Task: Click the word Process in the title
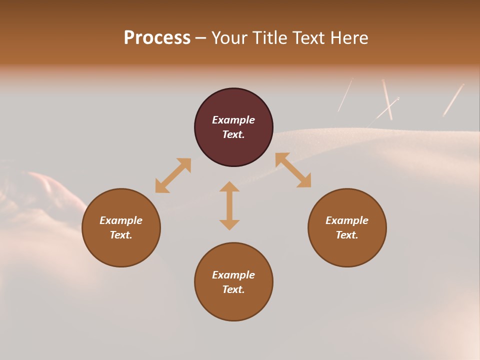(157, 38)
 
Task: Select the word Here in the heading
(348, 38)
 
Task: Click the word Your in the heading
(229, 38)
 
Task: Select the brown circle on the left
(121, 250)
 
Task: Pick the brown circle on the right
(347, 250)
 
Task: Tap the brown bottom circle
(233, 305)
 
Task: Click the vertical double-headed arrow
(229, 205)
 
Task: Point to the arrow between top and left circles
(173, 175)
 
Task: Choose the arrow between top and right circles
(293, 170)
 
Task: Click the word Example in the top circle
(233, 120)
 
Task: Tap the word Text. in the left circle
(121, 235)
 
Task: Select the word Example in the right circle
(347, 220)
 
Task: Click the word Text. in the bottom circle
(233, 289)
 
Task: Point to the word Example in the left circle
(121, 220)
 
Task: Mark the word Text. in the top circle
(233, 134)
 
